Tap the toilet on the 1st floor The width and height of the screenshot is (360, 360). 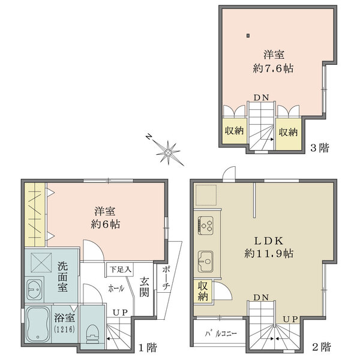pos(93,334)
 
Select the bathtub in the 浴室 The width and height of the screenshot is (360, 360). pos(38,325)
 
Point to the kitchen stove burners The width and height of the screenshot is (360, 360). pos(205,225)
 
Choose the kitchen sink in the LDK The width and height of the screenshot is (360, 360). pos(205,261)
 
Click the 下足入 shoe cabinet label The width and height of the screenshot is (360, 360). pos(121,269)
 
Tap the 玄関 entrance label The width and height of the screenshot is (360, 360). pos(145,287)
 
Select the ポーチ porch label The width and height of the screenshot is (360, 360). pos(166,278)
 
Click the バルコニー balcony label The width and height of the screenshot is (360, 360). pos(221,334)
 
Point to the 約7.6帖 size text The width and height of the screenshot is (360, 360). pos(273,68)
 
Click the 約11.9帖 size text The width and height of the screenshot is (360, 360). pos(269,253)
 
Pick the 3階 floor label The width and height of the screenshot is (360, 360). pos(320,148)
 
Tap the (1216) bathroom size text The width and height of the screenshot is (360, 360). pos(65,329)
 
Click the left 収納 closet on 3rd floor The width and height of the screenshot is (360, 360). pos(234,131)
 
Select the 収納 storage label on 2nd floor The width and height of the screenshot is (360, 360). pos(203,291)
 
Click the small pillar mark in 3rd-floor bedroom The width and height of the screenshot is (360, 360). pos(248,36)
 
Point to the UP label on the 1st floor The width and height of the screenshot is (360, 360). pos(120,313)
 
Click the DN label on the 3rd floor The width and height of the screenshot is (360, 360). pos(261,98)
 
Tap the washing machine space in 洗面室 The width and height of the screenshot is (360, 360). pos(41,263)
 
